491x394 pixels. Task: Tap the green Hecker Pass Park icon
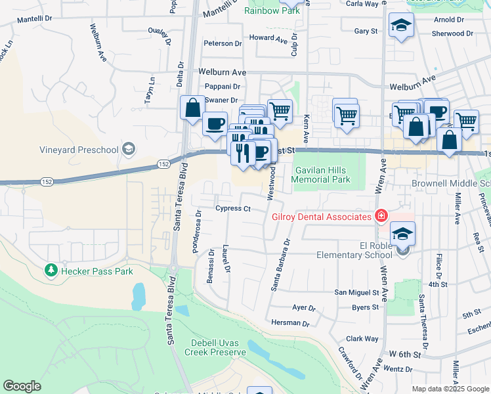[51, 271]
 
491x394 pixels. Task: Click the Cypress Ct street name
[233, 209]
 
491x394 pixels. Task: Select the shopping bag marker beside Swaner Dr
[192, 108]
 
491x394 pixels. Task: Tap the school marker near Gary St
[400, 26]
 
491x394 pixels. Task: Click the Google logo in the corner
[22, 386]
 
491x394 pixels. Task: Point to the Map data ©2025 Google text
[450, 389]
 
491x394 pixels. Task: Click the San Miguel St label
[356, 292]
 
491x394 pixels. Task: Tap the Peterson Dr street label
[223, 43]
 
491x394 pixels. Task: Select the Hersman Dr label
[291, 323]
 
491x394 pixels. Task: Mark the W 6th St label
[404, 355]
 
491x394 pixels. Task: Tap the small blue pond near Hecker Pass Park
[138, 295]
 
